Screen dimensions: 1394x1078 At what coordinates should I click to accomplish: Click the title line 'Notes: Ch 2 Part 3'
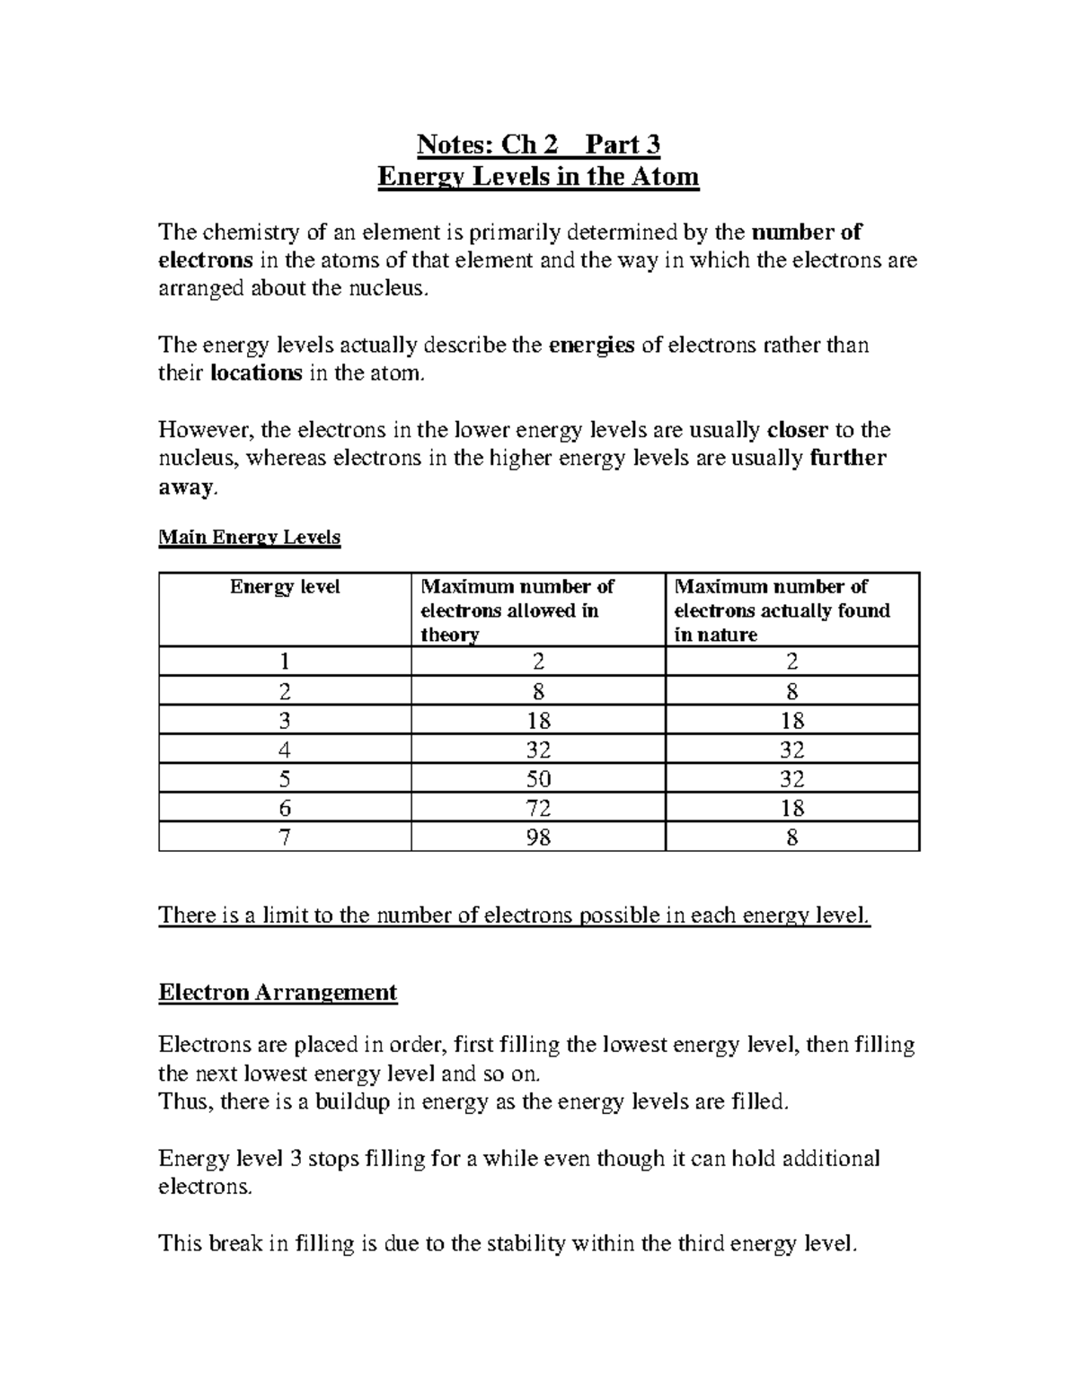tap(538, 145)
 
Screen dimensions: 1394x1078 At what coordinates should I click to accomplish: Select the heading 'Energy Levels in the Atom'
tap(538, 176)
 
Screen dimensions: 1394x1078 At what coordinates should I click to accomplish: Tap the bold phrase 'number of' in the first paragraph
tap(807, 232)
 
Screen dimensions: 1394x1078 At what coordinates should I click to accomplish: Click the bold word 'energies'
tap(591, 346)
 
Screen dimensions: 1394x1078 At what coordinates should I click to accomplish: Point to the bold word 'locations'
tap(256, 373)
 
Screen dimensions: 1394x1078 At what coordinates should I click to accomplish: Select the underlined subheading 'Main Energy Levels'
tap(249, 538)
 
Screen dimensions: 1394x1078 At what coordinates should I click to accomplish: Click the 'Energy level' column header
tap(285, 587)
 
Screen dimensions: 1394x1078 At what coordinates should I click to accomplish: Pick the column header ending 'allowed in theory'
tap(517, 610)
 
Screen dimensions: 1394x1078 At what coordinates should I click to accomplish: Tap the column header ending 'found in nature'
tap(782, 610)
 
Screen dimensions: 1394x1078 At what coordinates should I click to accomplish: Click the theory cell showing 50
tap(539, 778)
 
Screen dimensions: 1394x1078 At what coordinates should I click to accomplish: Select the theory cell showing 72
tap(539, 808)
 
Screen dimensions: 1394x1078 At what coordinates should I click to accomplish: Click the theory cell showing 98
tap(539, 837)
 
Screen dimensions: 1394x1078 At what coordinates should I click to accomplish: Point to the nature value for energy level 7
tap(791, 837)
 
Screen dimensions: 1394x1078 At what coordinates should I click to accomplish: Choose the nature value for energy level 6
tap(791, 808)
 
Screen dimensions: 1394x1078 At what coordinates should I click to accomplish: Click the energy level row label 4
tap(285, 750)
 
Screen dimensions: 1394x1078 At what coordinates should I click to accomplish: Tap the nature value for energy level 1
tap(791, 662)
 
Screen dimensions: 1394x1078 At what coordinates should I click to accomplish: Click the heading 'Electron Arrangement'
tap(278, 993)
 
